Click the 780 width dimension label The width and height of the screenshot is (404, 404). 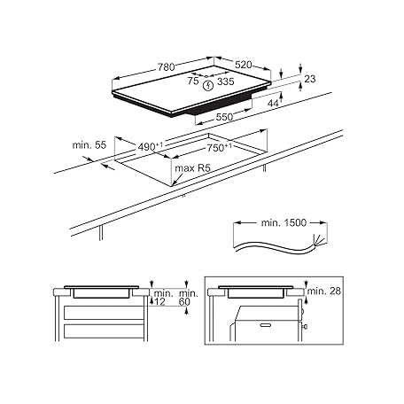(167, 67)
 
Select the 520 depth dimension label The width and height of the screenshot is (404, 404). (244, 65)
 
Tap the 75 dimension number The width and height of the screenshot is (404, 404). (193, 81)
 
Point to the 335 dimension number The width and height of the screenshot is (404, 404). (226, 82)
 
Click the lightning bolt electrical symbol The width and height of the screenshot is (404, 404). (208, 85)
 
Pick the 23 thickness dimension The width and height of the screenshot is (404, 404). (310, 79)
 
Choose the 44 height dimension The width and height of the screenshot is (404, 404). (273, 103)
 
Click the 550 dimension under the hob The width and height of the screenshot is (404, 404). (224, 117)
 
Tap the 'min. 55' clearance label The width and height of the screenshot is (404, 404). (89, 145)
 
